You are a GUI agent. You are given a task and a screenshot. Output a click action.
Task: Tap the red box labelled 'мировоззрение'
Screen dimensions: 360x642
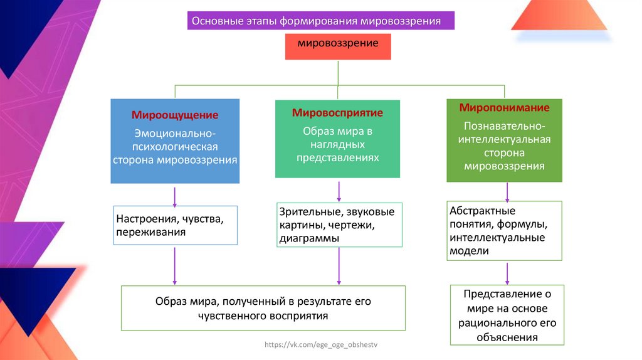pos(338,44)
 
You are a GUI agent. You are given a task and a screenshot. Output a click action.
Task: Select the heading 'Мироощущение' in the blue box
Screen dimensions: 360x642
pos(175,115)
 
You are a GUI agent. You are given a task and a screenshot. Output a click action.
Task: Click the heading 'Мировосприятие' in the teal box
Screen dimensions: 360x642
pos(337,114)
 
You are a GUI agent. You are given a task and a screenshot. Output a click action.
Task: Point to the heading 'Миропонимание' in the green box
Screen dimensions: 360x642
pos(504,107)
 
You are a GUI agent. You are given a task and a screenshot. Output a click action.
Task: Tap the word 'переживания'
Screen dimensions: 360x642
pos(150,232)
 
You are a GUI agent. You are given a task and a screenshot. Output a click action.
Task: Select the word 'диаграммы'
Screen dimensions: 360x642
pos(310,238)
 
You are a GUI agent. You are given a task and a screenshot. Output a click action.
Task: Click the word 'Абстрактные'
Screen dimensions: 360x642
pos(482,211)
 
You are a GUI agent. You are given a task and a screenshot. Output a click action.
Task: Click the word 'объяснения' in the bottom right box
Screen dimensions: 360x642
pos(507,337)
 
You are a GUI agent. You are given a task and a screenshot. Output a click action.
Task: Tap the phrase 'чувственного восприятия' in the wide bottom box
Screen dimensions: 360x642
pos(263,315)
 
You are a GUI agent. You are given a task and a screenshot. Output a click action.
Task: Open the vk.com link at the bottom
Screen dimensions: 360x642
pos(322,346)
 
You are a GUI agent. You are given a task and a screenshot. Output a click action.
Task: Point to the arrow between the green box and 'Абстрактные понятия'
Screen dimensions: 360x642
pos(505,191)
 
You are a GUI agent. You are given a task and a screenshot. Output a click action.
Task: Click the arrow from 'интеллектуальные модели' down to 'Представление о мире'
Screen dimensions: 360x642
pos(507,273)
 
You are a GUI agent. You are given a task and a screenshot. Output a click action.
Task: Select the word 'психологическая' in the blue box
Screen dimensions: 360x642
pos(175,147)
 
